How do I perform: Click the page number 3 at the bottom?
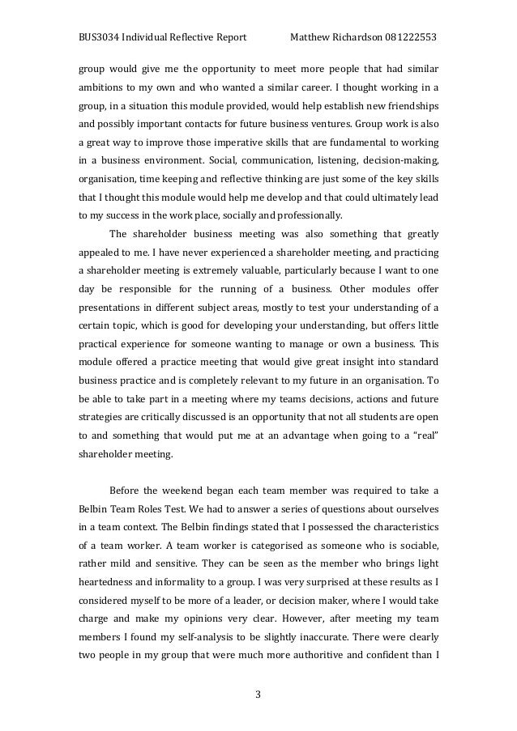258,693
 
